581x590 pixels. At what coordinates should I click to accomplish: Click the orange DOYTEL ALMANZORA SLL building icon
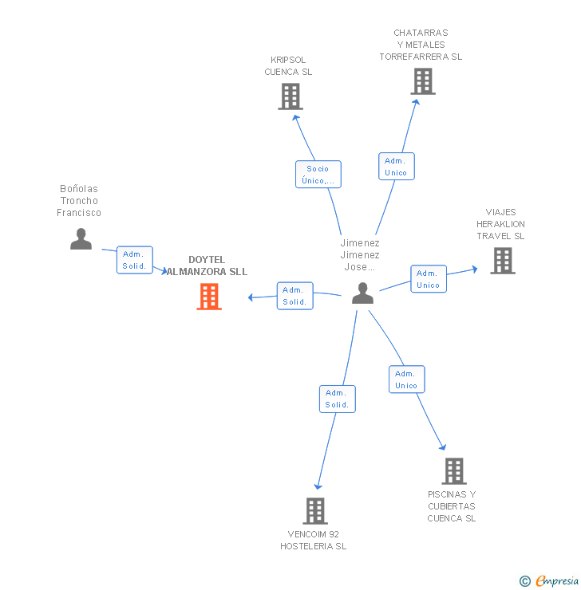(209, 297)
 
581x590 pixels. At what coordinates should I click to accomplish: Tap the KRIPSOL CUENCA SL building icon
(290, 96)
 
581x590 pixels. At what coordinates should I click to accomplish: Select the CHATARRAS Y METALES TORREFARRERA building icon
(422, 81)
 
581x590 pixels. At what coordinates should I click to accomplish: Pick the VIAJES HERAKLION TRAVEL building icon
(502, 261)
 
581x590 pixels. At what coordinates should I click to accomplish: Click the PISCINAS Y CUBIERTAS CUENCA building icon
(454, 471)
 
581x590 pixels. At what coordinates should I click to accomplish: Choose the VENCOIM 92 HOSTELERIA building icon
(315, 511)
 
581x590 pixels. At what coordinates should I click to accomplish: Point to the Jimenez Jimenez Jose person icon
(362, 293)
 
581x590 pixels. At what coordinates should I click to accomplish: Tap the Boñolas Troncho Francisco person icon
(81, 239)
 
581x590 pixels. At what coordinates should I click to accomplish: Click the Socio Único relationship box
(318, 175)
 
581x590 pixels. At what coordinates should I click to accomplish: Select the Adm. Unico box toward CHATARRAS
(396, 167)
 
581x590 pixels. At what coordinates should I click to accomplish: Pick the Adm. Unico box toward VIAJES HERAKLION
(428, 279)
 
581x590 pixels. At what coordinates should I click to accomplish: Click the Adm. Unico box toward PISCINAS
(406, 380)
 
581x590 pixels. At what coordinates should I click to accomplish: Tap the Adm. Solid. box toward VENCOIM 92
(337, 399)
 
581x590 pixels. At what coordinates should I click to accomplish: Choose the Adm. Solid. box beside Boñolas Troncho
(134, 260)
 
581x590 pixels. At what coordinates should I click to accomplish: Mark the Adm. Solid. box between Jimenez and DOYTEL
(294, 296)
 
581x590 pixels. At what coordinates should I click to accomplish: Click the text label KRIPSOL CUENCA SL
(288, 66)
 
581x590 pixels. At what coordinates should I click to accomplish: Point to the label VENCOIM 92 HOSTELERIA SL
(313, 541)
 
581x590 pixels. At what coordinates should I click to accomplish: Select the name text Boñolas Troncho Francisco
(79, 201)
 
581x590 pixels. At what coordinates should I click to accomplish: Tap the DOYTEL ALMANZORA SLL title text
(207, 265)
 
